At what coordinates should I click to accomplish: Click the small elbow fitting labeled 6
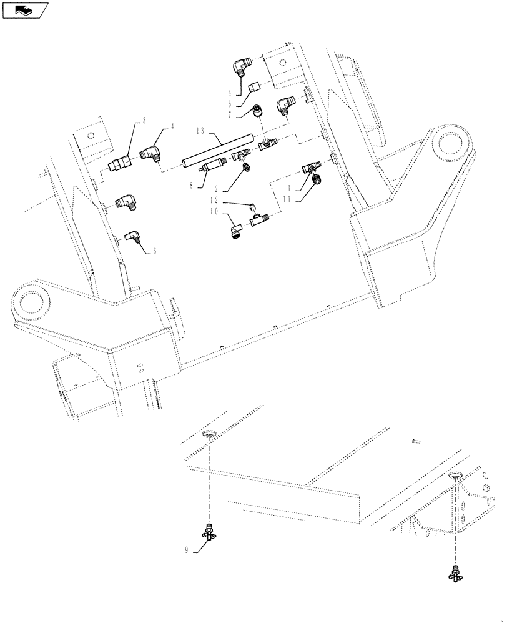click(x=133, y=237)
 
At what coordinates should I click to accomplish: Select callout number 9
click(x=186, y=551)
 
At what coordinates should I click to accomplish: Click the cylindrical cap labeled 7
click(x=257, y=112)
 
